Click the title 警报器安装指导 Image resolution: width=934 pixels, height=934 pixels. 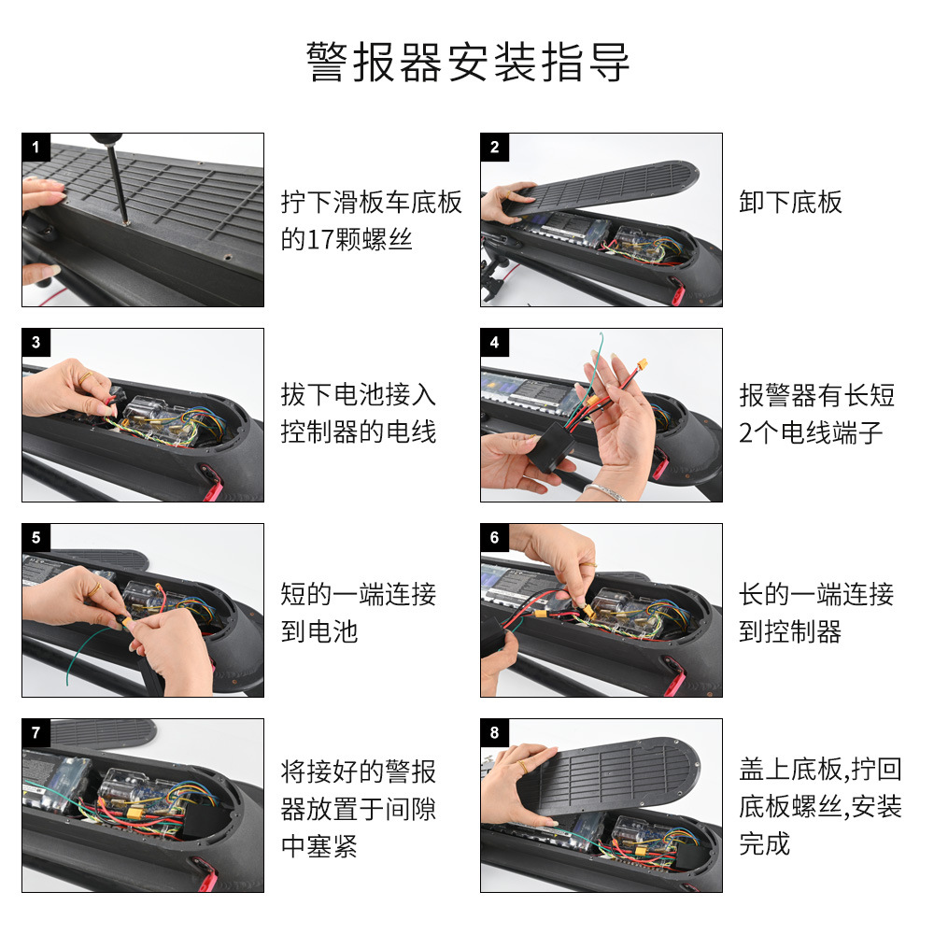point(468,62)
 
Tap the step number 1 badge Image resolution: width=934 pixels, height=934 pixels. point(35,148)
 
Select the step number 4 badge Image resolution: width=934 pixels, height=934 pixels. point(494,343)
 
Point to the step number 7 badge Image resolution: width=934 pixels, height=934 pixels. point(35,732)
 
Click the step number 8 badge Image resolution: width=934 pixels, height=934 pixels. point(494,732)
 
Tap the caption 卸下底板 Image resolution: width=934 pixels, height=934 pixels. point(790,203)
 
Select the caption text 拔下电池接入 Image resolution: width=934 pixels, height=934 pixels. point(359,394)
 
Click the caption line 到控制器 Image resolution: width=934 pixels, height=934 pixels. point(790,631)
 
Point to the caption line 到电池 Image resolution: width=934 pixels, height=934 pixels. point(319,631)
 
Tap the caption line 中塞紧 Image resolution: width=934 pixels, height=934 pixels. point(319,846)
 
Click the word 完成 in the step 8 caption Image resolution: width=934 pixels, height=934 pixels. point(765,843)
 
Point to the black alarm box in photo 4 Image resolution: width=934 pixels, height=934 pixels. point(551,446)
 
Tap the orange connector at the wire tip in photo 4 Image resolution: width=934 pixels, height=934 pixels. point(643,363)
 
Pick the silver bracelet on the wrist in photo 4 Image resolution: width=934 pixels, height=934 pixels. point(602,492)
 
